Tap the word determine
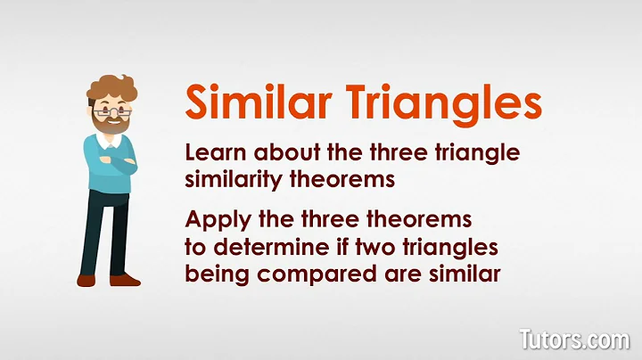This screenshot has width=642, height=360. pyautogui.click(x=274, y=247)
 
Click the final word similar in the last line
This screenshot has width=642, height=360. pyautogui.click(x=469, y=273)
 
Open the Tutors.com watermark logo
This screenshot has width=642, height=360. pyautogui.click(x=575, y=339)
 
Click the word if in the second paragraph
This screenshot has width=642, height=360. pyautogui.click(x=346, y=247)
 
